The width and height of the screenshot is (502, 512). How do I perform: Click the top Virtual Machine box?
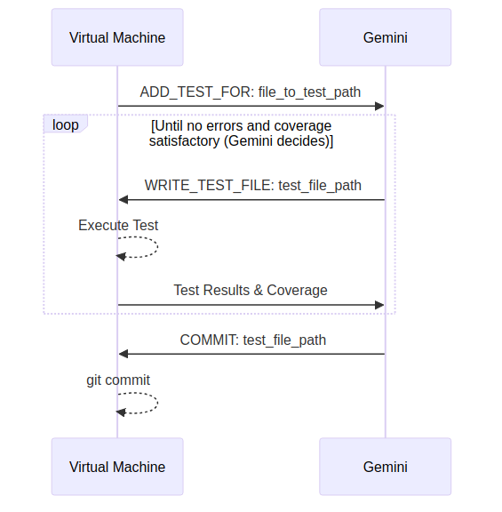click(x=117, y=37)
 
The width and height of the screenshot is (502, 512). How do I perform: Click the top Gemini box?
click(x=385, y=37)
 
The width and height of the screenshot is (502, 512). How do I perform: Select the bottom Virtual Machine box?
click(x=117, y=467)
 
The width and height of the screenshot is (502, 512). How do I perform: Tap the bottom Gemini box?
click(x=385, y=467)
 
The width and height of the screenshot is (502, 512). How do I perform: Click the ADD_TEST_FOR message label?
click(x=251, y=92)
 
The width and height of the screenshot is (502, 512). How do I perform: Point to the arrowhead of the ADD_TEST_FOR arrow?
click(x=379, y=106)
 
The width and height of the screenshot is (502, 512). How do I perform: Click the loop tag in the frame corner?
click(x=65, y=124)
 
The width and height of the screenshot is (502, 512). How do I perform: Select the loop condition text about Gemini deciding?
click(x=241, y=133)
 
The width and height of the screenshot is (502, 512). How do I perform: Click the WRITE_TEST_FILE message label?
click(x=253, y=186)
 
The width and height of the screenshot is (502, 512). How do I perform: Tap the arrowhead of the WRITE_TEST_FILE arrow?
click(x=124, y=199)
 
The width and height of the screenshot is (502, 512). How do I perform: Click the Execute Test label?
click(x=118, y=225)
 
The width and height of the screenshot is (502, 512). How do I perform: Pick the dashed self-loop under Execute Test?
click(x=157, y=247)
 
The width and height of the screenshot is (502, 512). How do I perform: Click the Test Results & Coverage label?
click(x=251, y=291)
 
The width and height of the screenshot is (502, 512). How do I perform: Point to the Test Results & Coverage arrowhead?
click(x=379, y=305)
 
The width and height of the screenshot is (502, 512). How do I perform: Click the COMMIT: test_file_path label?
click(x=253, y=340)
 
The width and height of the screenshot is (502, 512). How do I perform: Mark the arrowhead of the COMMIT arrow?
click(x=124, y=354)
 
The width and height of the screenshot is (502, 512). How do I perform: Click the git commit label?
click(x=118, y=380)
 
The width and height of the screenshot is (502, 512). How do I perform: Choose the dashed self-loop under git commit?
click(x=157, y=404)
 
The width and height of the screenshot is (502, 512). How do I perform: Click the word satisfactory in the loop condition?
click(x=185, y=141)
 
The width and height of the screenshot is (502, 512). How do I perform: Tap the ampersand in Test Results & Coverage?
click(x=259, y=291)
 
